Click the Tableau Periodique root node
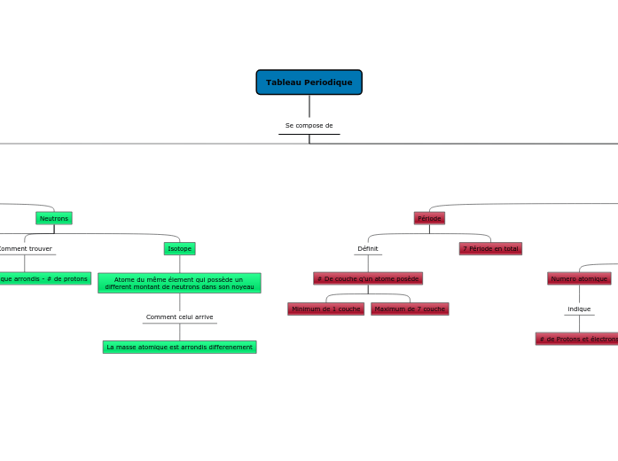309,82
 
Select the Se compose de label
309,126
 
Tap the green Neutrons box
54,218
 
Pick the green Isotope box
179,249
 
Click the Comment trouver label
25,249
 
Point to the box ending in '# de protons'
44,278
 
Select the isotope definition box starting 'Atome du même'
179,283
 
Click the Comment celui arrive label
179,317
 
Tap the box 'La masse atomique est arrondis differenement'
179,347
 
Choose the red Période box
429,218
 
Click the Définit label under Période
368,249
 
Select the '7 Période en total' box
490,249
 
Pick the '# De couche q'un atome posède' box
368,278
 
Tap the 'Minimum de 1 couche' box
325,309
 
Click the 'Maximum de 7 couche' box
410,309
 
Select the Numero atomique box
579,278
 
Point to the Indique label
579,309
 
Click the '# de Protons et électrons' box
578,339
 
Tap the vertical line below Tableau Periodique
309,105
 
